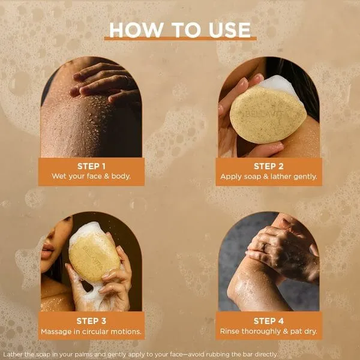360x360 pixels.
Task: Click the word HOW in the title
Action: pos(136,30)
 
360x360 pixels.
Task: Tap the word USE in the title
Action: pos(230,30)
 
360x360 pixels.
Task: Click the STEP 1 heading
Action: pos(91,166)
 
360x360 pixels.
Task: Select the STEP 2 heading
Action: pos(269,166)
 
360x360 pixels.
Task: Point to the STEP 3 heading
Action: pos(91,321)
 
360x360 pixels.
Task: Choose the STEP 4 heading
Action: pos(269,321)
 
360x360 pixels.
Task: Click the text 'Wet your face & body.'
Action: pos(91,176)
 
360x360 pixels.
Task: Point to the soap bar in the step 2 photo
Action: pos(268,114)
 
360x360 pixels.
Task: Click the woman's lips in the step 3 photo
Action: pos(47,250)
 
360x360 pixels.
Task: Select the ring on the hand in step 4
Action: pos(265,247)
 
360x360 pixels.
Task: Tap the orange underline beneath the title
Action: pos(180,39)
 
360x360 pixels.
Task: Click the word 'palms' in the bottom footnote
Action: pos(83,355)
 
